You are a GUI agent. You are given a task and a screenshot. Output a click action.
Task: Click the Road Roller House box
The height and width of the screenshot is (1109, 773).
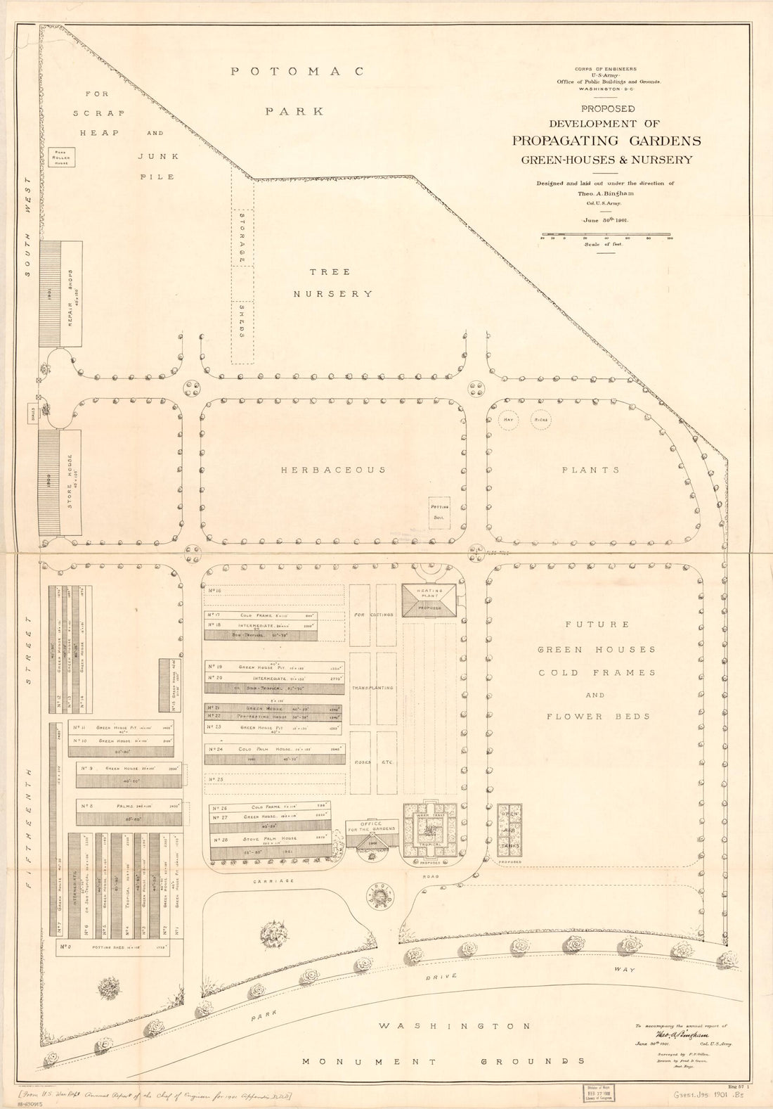(x=62, y=156)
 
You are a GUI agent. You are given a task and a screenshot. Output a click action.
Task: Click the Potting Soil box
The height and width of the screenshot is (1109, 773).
(x=439, y=512)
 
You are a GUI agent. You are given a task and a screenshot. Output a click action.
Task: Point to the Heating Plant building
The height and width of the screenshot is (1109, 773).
(x=429, y=601)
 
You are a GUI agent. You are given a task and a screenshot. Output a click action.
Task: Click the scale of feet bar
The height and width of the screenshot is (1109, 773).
(x=605, y=235)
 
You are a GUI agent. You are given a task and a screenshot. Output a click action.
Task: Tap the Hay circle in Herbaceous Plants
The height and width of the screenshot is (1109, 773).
(x=508, y=420)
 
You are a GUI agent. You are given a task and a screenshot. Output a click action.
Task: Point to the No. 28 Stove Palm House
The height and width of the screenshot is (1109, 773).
(x=271, y=844)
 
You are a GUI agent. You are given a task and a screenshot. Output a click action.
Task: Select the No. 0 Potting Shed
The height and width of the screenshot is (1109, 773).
(x=119, y=948)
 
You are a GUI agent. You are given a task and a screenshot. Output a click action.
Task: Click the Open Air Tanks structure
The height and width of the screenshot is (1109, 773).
(x=509, y=830)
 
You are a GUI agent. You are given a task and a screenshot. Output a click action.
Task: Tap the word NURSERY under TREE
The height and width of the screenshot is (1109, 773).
(x=332, y=294)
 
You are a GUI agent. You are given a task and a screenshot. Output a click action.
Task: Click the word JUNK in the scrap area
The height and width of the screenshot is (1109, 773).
(x=158, y=156)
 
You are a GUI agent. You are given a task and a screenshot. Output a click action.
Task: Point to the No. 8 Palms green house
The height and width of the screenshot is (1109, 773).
(x=129, y=812)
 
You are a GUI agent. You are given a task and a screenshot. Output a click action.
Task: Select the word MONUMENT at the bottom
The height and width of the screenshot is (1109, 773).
(x=369, y=1062)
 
